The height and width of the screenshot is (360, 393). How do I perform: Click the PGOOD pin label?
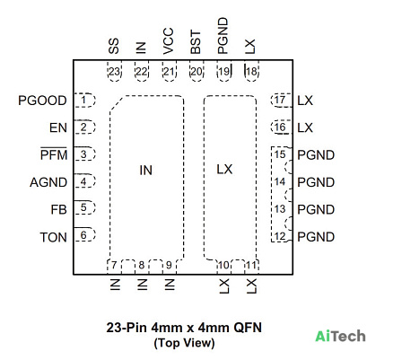click(x=42, y=101)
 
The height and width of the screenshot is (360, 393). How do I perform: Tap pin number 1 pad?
click(x=84, y=101)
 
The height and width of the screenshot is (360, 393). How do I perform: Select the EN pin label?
click(x=58, y=127)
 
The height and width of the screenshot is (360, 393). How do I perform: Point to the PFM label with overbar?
click(x=54, y=154)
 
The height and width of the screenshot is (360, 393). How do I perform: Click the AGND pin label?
click(x=48, y=182)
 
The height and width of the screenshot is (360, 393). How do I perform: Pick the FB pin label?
click(x=58, y=209)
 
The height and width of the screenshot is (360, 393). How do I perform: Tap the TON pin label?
click(x=54, y=237)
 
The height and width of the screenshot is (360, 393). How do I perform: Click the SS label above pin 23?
click(x=114, y=46)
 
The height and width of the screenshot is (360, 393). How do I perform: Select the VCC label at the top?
click(x=169, y=41)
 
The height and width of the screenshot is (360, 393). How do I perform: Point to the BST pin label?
click(x=196, y=42)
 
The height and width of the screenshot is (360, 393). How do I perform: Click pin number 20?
click(x=196, y=72)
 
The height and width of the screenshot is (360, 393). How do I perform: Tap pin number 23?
click(x=114, y=72)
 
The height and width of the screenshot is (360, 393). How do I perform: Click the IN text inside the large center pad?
click(x=146, y=171)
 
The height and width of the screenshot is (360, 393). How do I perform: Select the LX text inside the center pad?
click(x=224, y=170)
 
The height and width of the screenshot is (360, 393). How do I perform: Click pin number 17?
click(x=280, y=100)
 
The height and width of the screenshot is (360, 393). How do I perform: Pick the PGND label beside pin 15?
click(x=316, y=155)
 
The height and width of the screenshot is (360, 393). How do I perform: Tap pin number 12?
click(x=280, y=236)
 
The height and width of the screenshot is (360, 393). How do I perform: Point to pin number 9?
click(x=169, y=265)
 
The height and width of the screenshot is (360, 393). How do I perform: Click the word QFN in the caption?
click(x=248, y=328)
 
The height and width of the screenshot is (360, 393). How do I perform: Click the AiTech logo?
click(x=340, y=336)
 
